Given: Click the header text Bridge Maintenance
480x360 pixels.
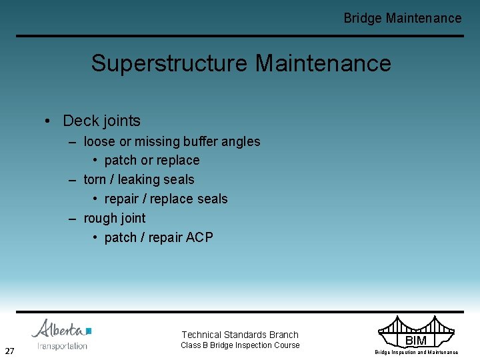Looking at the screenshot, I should coord(402,18).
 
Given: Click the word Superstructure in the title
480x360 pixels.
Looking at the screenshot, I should coord(170,63).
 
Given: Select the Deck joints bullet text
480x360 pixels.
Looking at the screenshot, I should coord(101,121).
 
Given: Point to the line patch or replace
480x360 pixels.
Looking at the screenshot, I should coord(152,160).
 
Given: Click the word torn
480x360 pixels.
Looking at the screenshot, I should coord(95,179).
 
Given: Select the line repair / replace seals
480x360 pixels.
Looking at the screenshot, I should coord(166,199).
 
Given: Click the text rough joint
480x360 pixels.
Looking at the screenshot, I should coord(114,218).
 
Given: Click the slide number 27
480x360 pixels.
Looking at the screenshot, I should coord(9,351).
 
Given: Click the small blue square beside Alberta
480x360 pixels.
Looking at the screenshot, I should coord(89,330).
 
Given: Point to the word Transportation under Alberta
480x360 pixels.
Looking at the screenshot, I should coord(62,345).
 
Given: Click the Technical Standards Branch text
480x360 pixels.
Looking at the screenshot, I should coord(240,335).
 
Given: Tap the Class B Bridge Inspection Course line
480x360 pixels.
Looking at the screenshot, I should coord(240,345).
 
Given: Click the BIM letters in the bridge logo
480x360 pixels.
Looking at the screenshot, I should coord(415,341).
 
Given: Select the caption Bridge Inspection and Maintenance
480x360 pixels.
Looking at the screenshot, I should coord(416,352).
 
